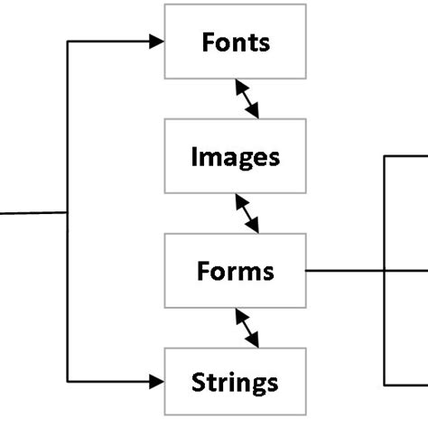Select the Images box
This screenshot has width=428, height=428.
235,157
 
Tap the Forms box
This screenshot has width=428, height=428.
235,270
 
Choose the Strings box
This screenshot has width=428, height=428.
235,382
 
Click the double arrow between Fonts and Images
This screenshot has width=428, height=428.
247,98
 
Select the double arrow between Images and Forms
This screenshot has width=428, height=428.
247,213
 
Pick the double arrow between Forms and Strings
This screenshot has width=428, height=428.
247,327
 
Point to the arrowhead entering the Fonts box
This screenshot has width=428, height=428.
157,42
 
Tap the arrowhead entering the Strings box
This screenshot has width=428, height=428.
157,382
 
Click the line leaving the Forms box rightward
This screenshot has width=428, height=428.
343,270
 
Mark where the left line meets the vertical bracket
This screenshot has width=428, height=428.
69,213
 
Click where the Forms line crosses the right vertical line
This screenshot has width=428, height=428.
386,270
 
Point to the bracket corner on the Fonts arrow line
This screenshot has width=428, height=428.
69,42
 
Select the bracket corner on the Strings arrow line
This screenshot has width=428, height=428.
69,382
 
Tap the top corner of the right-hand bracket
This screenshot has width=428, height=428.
386,156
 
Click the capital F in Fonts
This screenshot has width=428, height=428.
207,42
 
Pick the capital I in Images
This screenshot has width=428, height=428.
194,157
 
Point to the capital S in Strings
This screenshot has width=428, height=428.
199,382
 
